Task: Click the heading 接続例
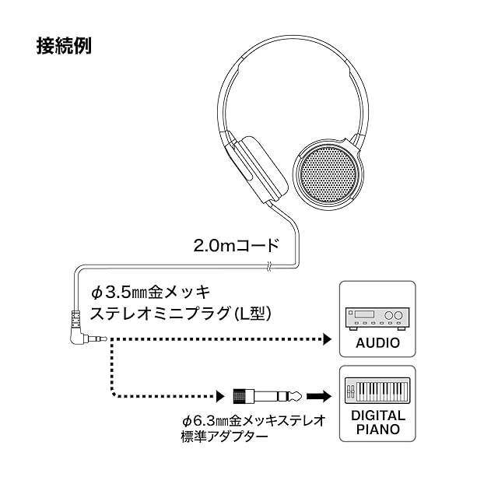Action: (64, 46)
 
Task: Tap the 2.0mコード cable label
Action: (235, 246)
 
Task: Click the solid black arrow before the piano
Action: (319, 395)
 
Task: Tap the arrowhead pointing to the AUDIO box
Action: (327, 340)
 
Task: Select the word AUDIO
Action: (377, 342)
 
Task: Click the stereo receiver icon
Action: (377, 317)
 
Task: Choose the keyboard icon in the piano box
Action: (377, 389)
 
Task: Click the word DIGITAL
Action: (377, 416)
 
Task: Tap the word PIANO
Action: (377, 429)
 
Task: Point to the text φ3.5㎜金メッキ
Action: (151, 293)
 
